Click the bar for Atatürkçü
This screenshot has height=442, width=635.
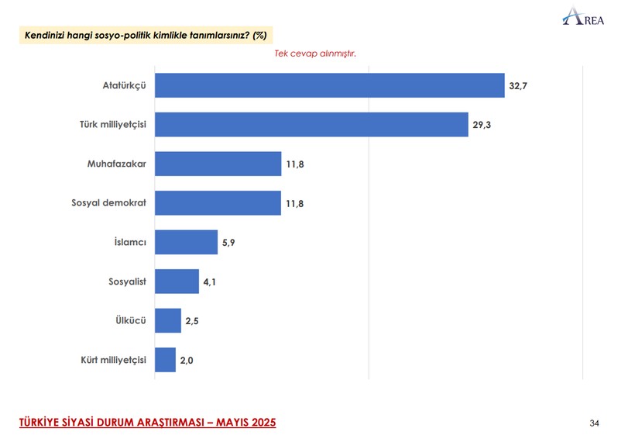tap(329, 85)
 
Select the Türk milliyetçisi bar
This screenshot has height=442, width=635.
tap(311, 124)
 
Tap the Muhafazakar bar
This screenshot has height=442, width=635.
tap(218, 164)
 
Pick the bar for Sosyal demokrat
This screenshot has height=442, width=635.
tap(218, 202)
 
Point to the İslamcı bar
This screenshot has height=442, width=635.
tap(186, 242)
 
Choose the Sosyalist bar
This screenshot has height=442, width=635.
tap(177, 281)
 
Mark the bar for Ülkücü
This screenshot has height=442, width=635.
tap(167, 320)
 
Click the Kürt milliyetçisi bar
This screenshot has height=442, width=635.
tap(165, 360)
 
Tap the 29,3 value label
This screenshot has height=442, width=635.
tap(482, 124)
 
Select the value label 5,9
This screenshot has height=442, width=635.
tap(229, 243)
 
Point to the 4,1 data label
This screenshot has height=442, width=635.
tap(211, 281)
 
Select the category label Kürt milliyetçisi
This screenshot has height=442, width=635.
tap(113, 360)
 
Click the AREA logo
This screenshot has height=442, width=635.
tap(583, 17)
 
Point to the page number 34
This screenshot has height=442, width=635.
tap(594, 423)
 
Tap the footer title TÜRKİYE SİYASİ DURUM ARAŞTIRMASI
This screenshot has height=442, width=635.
tap(147, 423)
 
